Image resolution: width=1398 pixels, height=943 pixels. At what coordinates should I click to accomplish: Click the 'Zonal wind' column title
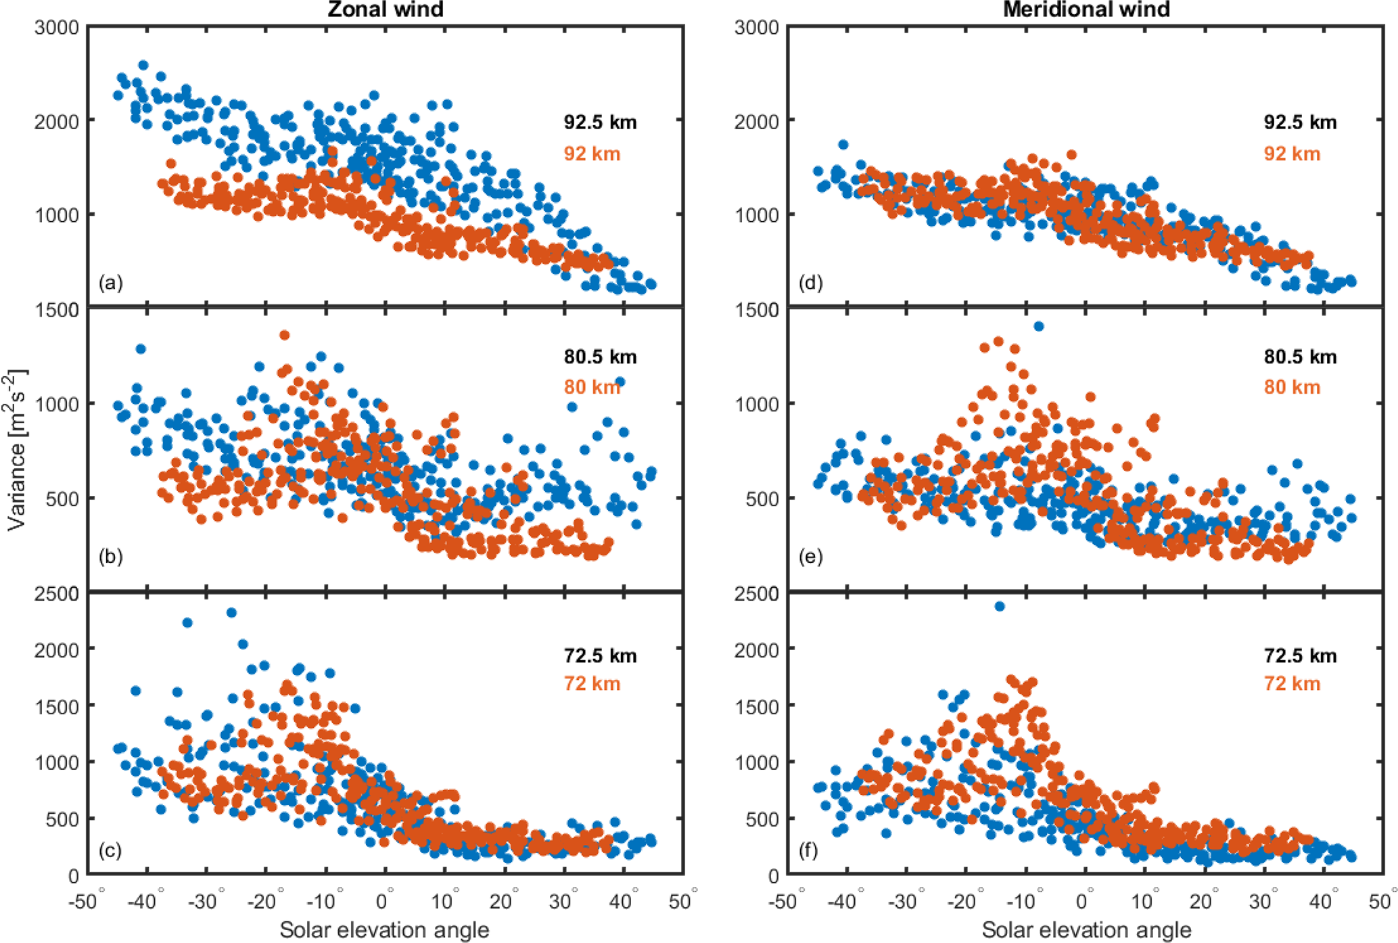pyautogui.click(x=386, y=9)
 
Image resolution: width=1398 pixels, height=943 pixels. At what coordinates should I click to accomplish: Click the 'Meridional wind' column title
pyautogui.click(x=1086, y=9)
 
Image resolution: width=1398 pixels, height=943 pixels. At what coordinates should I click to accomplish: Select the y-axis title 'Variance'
pyautogui.click(x=16, y=450)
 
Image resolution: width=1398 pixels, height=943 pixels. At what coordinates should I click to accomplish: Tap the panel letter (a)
pyautogui.click(x=111, y=283)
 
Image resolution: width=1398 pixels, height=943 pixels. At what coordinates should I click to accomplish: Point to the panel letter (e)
pyautogui.click(x=811, y=557)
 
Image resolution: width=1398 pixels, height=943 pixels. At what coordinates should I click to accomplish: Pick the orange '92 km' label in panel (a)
pyautogui.click(x=592, y=154)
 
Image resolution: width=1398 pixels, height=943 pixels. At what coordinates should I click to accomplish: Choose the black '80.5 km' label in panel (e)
pyautogui.click(x=1300, y=356)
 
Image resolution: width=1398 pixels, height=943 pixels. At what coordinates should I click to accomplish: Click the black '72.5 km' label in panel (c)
pyautogui.click(x=600, y=655)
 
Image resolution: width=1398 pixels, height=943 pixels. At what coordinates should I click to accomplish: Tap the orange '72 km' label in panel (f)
pyautogui.click(x=1292, y=683)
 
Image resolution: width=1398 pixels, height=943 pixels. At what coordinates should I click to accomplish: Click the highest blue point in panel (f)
pyautogui.click(x=1000, y=606)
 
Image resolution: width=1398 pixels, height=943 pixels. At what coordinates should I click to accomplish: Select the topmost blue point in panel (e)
pyautogui.click(x=1039, y=327)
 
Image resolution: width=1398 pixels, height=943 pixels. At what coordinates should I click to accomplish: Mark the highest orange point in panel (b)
pyautogui.click(x=285, y=335)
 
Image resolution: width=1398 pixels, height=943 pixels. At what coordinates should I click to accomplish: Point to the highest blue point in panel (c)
pyautogui.click(x=231, y=612)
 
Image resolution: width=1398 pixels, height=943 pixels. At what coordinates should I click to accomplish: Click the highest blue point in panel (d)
pyautogui.click(x=843, y=145)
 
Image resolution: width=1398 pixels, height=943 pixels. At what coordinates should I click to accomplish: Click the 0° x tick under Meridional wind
pyautogui.click(x=1084, y=902)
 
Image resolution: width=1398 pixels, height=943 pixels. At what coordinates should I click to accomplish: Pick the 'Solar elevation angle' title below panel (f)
pyautogui.click(x=1086, y=930)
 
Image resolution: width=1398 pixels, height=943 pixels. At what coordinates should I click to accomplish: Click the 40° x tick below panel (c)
pyautogui.click(x=621, y=902)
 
